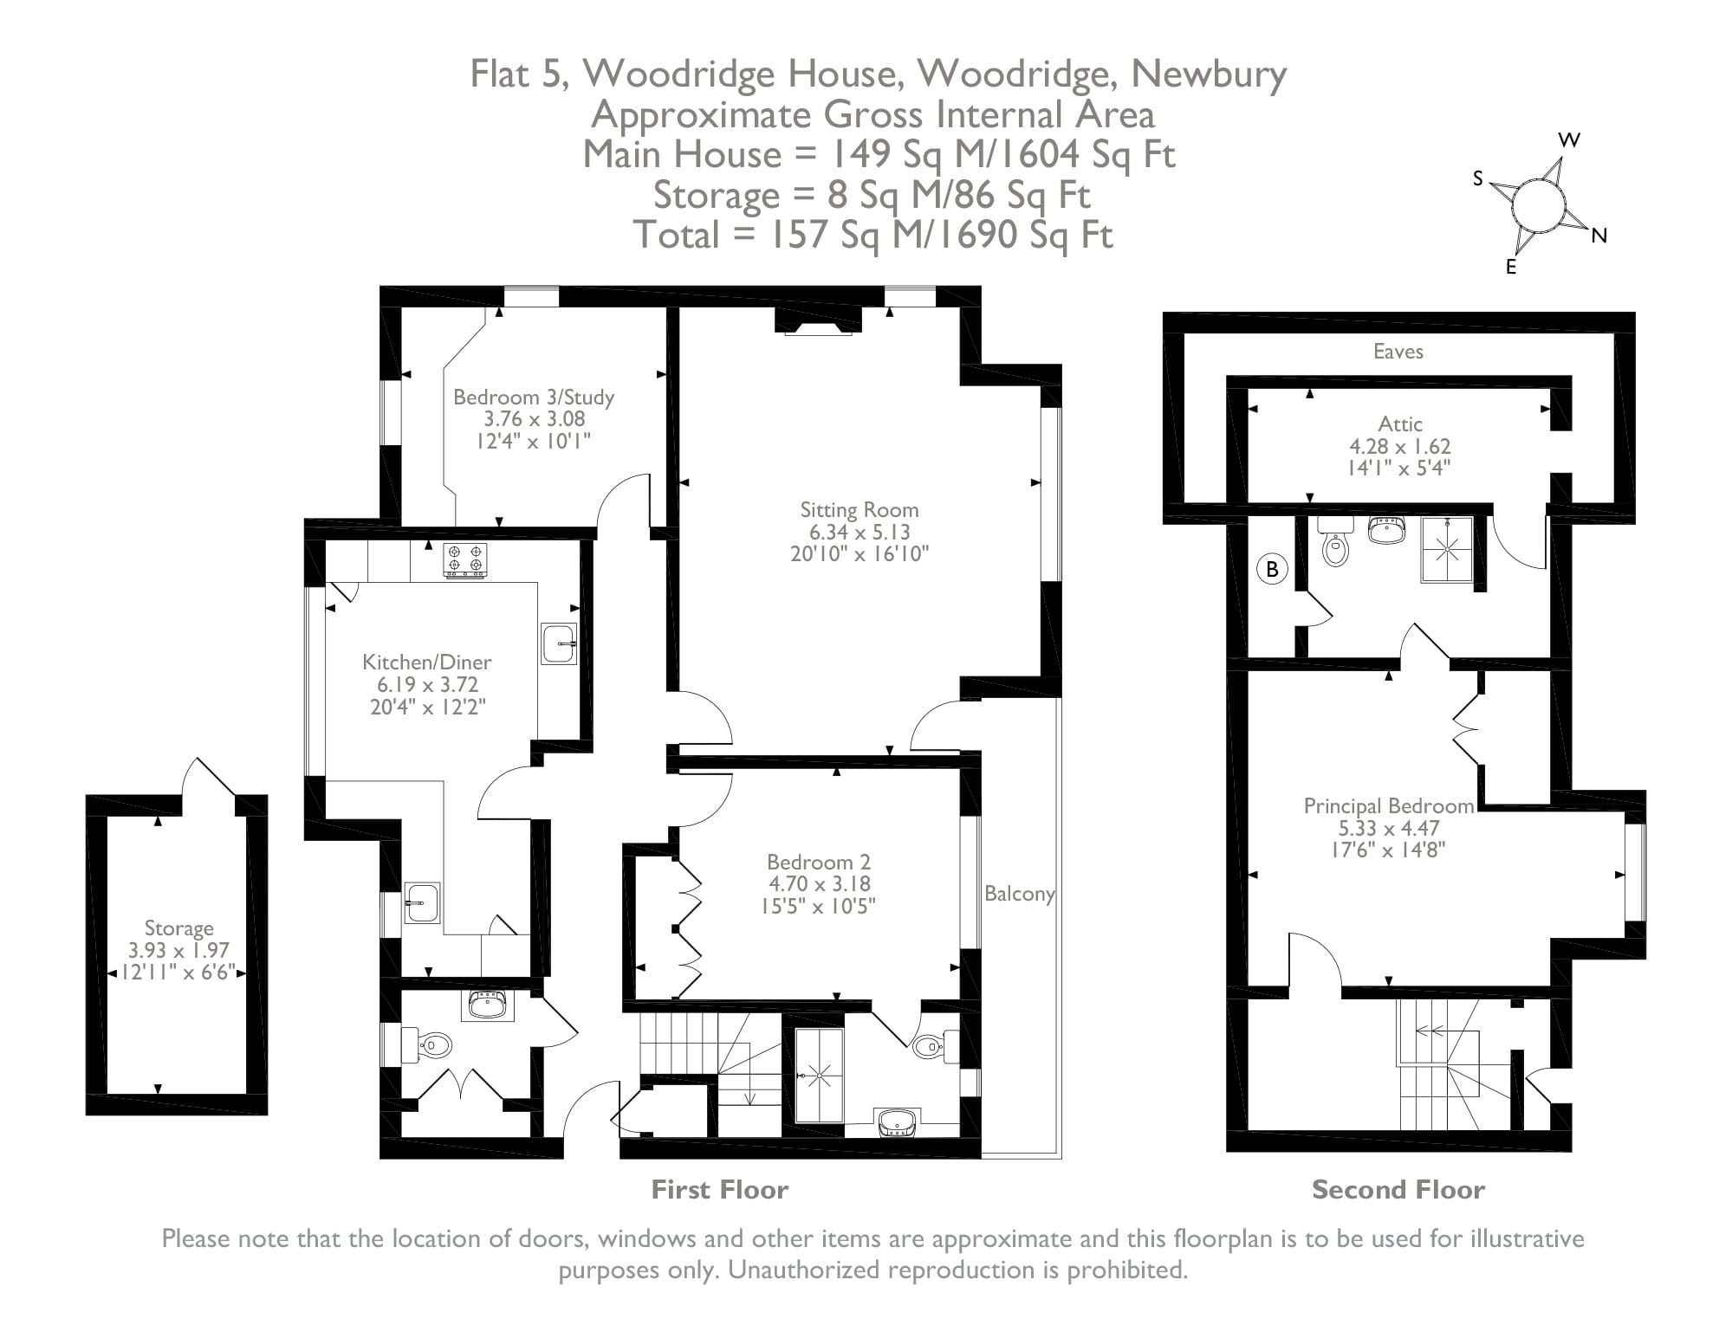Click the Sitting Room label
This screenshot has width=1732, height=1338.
click(859, 510)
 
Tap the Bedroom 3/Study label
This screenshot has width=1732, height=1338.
click(533, 398)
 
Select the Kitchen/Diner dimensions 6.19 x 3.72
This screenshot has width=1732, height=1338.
click(426, 684)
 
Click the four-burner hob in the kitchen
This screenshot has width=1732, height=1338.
click(465, 559)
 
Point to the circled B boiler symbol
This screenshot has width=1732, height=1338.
click(1272, 569)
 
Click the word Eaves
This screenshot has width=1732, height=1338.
click(1398, 352)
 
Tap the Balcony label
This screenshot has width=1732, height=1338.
click(1019, 894)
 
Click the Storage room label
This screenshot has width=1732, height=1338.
click(178, 928)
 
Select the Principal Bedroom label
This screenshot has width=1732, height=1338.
click(1388, 806)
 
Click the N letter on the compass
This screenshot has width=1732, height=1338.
click(1599, 236)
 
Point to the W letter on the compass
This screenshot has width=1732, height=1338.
click(1569, 140)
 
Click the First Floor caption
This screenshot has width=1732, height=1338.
click(719, 1190)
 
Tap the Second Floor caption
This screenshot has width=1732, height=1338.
click(1398, 1190)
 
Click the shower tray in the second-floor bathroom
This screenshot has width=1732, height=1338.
click(1446, 549)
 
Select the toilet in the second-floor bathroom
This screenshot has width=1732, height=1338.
click(1335, 545)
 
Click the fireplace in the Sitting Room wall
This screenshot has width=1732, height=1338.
click(817, 326)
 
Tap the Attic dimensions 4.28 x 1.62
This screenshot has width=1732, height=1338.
click(1399, 447)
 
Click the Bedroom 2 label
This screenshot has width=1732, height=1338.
click(818, 863)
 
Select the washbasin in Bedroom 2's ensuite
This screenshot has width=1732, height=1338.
click(897, 1122)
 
